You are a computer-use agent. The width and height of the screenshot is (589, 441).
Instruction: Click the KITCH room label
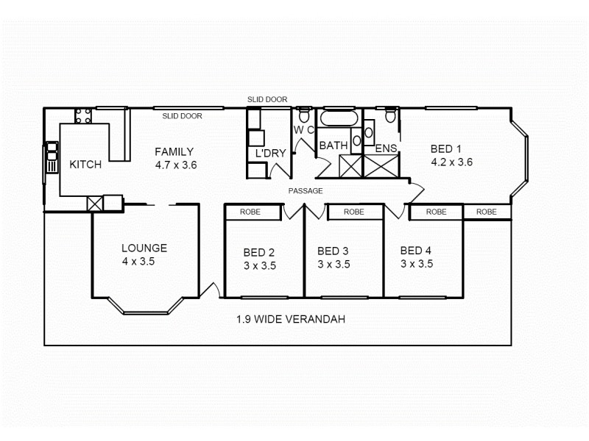pyautogui.click(x=85, y=165)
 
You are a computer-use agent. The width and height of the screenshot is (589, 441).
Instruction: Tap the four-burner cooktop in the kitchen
pyautogui.click(x=82, y=115)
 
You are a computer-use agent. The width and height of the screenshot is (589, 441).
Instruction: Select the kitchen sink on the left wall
pyautogui.click(x=52, y=157)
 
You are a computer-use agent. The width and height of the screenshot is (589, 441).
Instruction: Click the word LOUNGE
pyautogui.click(x=144, y=248)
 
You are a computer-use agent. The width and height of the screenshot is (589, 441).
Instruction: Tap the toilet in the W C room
pyautogui.click(x=303, y=115)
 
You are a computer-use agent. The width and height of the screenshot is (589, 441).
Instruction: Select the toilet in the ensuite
pyautogui.click(x=390, y=115)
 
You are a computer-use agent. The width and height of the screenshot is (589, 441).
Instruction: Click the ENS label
pyautogui.click(x=387, y=149)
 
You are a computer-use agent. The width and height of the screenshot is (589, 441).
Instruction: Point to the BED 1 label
pyautogui.click(x=446, y=149)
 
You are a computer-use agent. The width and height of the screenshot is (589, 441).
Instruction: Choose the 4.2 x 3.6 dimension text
pyautogui.click(x=451, y=162)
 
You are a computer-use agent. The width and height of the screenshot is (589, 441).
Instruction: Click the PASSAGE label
pyautogui.click(x=306, y=191)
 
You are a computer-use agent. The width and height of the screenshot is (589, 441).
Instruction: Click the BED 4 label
pyautogui.click(x=416, y=251)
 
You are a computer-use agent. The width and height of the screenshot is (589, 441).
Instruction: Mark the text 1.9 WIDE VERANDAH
pyautogui.click(x=291, y=320)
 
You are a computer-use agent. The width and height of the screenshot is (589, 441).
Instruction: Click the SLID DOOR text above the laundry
pyautogui.click(x=267, y=99)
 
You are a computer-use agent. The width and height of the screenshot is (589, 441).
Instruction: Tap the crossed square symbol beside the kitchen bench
pyautogui.click(x=94, y=204)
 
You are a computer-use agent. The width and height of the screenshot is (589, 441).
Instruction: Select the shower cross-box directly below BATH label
pyautogui.click(x=339, y=165)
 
